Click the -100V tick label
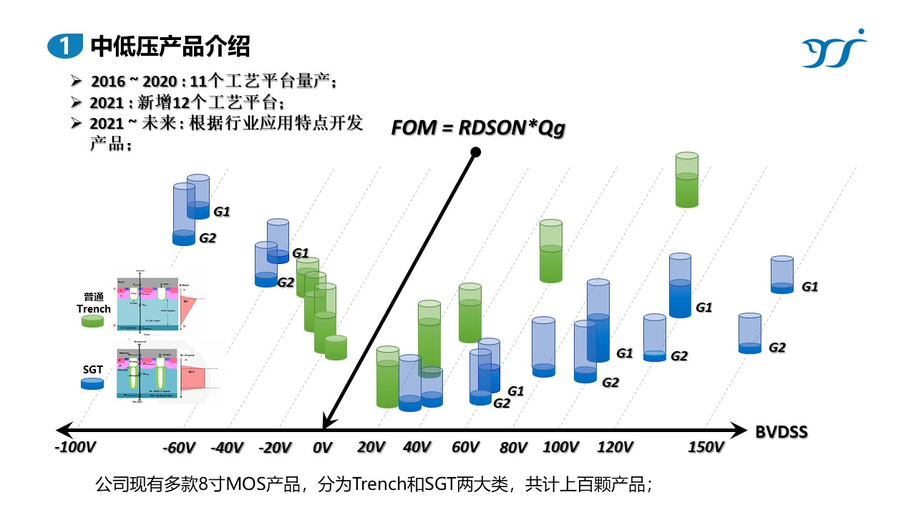point(75,448)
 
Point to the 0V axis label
point(323,448)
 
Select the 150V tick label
point(706,448)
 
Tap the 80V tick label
point(514,448)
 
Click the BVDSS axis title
point(782,431)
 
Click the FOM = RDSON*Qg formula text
point(478,128)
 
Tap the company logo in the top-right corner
point(834,49)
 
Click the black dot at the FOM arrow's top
point(475,152)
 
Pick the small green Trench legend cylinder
point(94,322)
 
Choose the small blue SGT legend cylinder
point(93,383)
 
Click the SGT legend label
point(93,368)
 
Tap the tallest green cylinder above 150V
point(687,180)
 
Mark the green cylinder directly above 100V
point(551,251)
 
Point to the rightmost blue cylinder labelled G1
point(782,275)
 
